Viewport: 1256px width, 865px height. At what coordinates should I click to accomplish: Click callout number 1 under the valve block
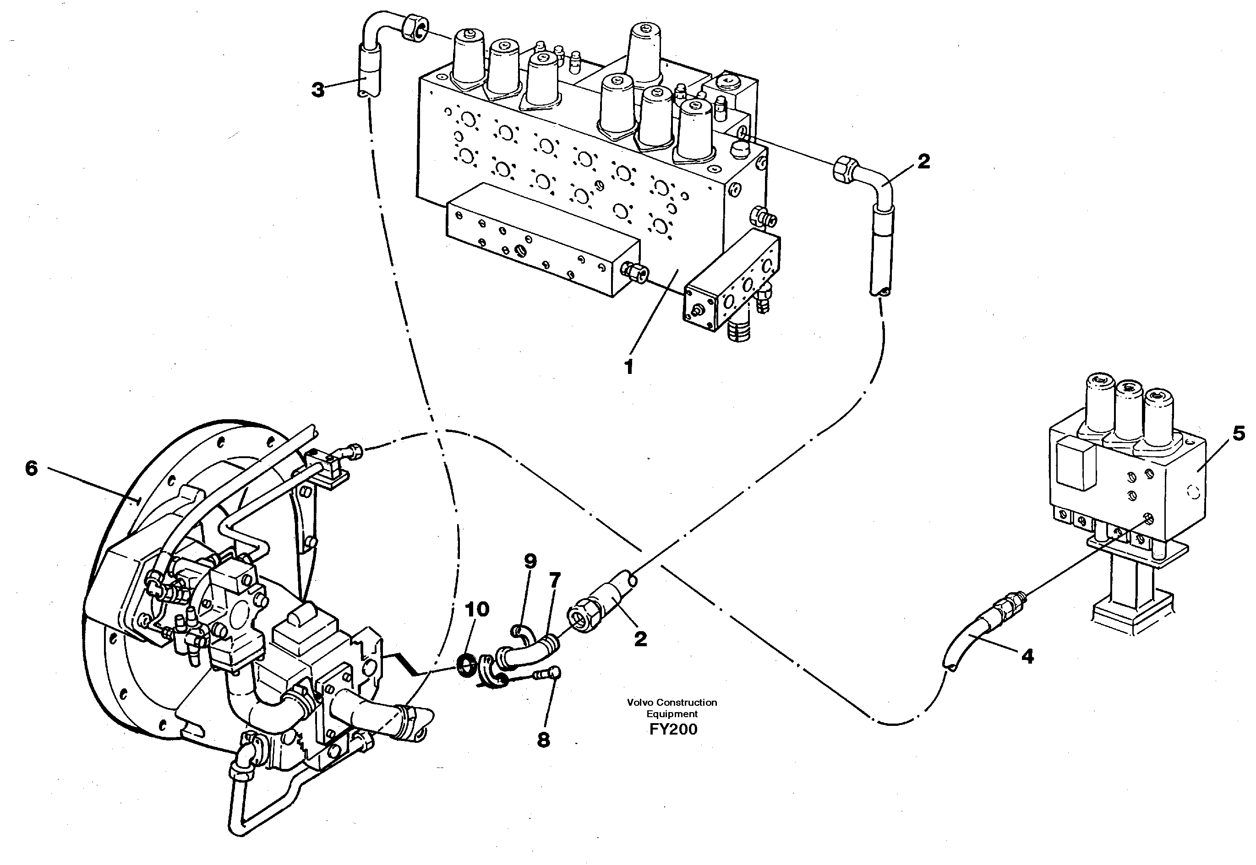pos(628,368)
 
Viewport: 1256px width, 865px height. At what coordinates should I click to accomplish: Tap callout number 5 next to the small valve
pos(1239,434)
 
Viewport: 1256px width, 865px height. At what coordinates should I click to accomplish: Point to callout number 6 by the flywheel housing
pos(32,468)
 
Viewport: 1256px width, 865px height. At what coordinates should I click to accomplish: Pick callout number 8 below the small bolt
pos(543,740)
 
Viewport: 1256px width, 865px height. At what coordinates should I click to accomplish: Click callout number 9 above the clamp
pos(530,562)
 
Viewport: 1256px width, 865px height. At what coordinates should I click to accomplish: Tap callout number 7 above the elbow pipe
pos(554,580)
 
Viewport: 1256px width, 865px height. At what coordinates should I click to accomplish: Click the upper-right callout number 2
pos(923,161)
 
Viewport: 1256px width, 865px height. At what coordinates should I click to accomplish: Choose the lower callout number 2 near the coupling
pos(640,639)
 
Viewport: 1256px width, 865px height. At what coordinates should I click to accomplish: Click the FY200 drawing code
pos(673,730)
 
